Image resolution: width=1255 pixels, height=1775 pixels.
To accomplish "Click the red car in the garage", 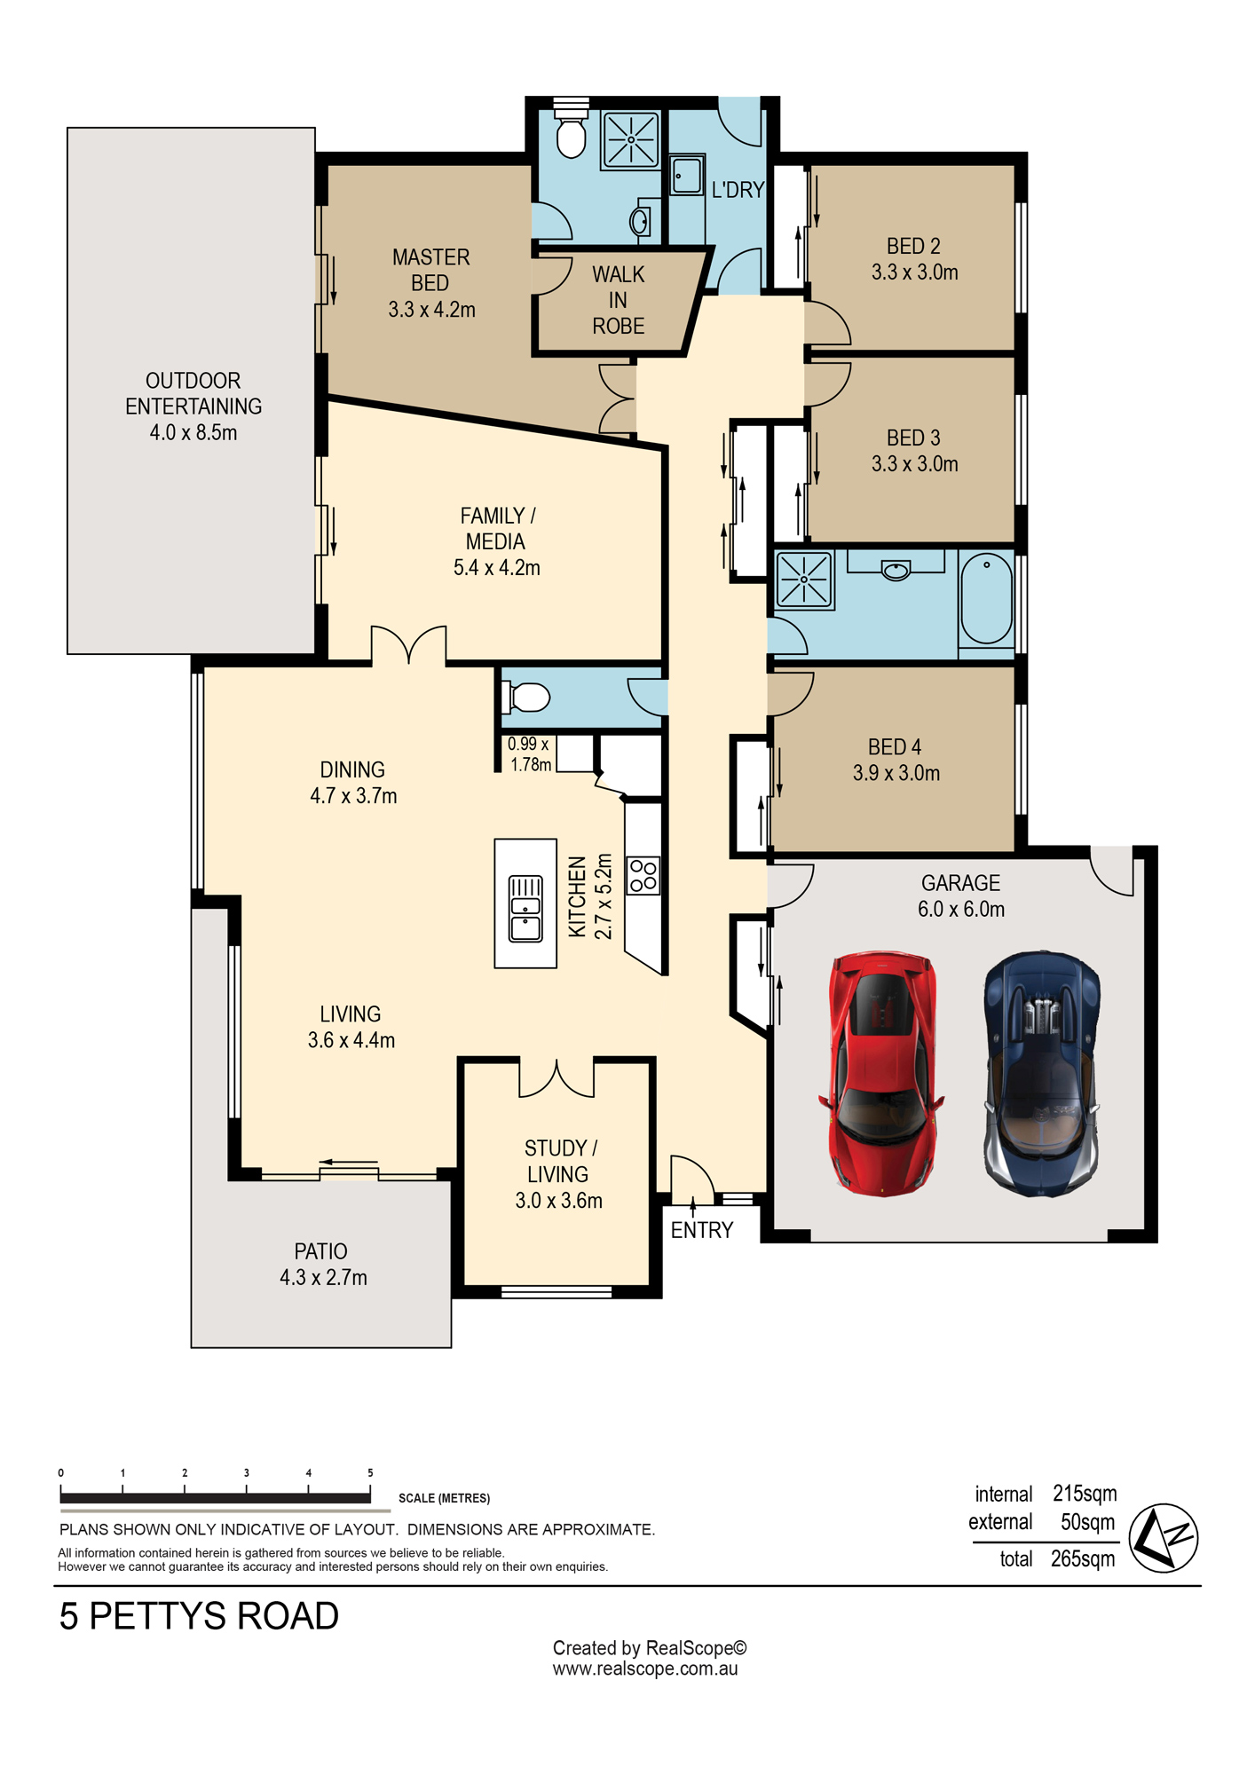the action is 881,1073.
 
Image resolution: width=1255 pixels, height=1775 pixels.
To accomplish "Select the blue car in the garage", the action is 1042,1074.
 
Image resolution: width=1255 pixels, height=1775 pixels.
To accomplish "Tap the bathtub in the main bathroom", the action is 986,598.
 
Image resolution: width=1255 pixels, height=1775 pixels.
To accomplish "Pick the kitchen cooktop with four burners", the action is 643,875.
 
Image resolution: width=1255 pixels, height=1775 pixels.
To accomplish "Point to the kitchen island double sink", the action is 525,908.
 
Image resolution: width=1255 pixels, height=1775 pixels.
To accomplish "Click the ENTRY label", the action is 702,1230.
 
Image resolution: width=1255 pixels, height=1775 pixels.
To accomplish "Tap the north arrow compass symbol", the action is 1164,1538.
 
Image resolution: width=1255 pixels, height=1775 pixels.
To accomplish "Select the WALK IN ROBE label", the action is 619,300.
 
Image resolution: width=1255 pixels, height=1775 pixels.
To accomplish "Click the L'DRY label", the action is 738,189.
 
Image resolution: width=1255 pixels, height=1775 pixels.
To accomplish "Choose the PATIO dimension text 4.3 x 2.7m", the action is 323,1277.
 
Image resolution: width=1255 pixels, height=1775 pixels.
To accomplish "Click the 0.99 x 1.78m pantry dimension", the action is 530,754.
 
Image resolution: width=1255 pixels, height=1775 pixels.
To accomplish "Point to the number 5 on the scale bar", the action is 370,1472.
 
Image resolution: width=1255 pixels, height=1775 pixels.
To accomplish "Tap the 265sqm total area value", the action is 1083,1559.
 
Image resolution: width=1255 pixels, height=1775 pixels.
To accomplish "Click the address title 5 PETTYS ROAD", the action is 199,1616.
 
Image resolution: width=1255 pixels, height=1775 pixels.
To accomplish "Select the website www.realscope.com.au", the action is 645,1668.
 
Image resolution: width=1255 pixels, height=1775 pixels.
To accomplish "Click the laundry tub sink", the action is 686,175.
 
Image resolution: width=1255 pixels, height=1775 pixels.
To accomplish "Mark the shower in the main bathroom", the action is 805,580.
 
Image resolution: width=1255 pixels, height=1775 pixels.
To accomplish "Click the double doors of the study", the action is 556,1077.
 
